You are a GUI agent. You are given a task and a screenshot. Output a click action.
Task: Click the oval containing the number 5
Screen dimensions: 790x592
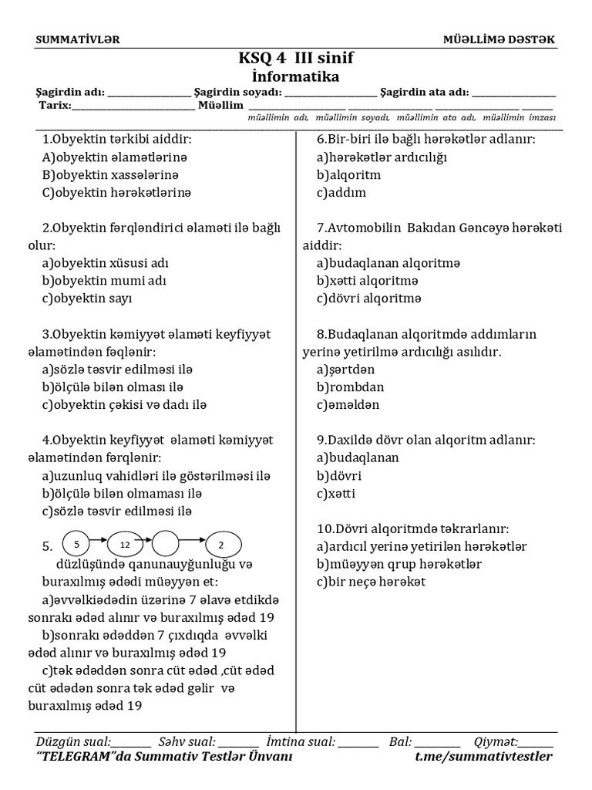(x=77, y=545)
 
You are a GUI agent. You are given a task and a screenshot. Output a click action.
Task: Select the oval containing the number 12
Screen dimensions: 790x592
(x=125, y=545)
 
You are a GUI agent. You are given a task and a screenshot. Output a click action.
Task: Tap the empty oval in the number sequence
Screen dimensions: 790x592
(x=173, y=545)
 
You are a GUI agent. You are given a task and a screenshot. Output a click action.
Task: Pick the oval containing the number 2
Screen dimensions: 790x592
(x=221, y=545)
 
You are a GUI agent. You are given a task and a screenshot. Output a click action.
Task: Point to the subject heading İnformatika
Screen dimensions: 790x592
(x=296, y=76)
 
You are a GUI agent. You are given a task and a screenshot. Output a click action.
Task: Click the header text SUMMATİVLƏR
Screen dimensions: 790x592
(x=78, y=39)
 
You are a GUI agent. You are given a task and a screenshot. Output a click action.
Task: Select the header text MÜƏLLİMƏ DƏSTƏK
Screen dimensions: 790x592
(x=498, y=39)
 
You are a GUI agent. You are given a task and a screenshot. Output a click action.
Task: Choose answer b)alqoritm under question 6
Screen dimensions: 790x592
(x=348, y=175)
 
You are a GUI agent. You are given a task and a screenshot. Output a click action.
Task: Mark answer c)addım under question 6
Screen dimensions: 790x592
(x=341, y=193)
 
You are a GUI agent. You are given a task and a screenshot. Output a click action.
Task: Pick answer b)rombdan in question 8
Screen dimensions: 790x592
(x=350, y=387)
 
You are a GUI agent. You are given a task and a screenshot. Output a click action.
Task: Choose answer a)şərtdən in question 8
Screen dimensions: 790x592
(x=345, y=369)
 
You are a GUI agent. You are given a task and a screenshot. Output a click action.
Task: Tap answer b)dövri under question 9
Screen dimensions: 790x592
(x=339, y=475)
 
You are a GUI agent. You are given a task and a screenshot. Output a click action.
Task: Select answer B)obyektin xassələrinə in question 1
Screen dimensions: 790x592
(x=116, y=175)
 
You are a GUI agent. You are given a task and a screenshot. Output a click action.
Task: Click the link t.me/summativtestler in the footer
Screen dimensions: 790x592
(x=483, y=756)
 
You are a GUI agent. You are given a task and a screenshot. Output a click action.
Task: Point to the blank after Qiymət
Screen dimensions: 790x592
(x=536, y=742)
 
